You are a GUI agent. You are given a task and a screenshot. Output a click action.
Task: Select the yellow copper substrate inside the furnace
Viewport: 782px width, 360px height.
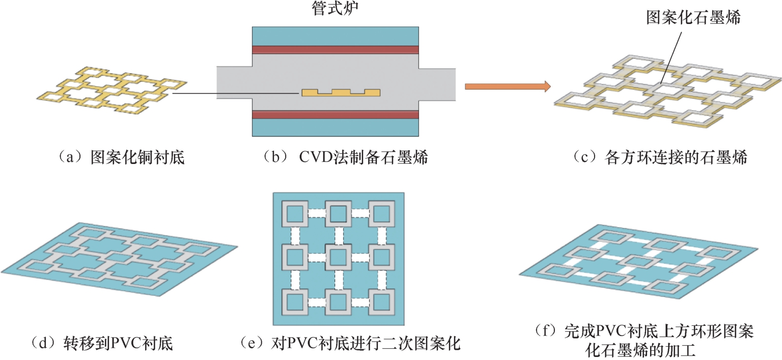[341, 92]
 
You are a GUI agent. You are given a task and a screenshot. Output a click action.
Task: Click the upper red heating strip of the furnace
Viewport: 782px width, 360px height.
[336, 49]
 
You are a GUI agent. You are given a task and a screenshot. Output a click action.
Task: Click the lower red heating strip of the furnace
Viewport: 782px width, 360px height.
[336, 114]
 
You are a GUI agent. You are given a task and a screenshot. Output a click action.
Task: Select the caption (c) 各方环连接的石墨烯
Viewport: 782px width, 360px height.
[660, 158]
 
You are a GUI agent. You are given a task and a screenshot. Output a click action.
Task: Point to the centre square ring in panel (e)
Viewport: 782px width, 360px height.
[339, 257]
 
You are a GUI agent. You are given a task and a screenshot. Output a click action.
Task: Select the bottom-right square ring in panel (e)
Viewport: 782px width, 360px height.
[382, 301]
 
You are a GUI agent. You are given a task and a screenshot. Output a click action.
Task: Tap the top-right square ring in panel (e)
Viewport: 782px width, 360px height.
[382, 214]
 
